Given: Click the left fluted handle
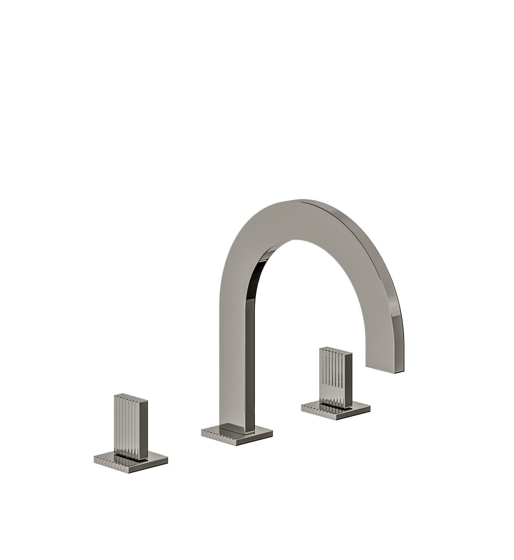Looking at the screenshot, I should tap(128, 427).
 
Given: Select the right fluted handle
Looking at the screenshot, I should tap(334, 378).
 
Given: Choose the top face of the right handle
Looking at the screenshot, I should tap(336, 351).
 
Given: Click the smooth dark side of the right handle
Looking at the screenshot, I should tap(348, 381).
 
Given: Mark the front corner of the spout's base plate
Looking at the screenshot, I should tap(236, 443).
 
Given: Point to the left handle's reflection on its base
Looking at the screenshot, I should tap(128, 455).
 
